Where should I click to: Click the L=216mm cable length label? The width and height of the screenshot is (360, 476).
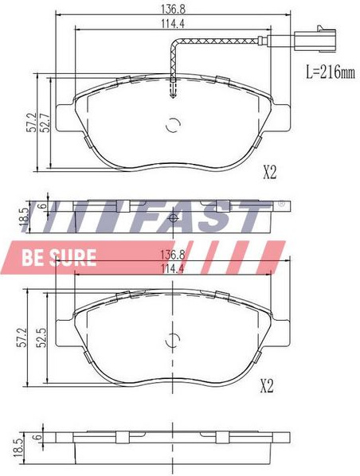click(330, 72)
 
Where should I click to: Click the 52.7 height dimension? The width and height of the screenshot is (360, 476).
click(45, 123)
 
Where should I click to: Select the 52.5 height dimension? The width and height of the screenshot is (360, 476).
click(42, 337)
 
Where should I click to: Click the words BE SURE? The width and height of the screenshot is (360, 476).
click(59, 257)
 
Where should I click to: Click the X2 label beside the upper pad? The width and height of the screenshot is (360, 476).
click(269, 173)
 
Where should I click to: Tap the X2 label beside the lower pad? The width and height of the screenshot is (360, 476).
click(267, 386)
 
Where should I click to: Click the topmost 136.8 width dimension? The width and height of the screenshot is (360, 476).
click(173, 9)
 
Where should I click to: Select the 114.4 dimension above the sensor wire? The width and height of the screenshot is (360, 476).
click(173, 24)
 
